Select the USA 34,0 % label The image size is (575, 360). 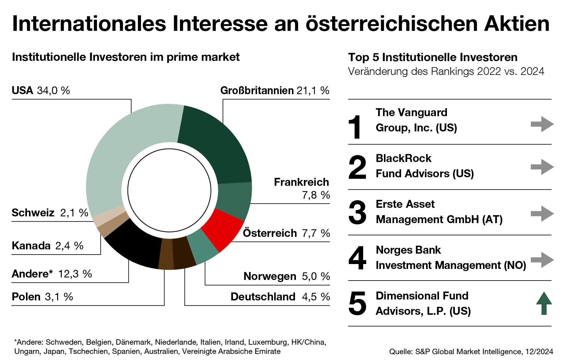pos(41,90)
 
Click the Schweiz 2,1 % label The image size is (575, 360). pos(50,213)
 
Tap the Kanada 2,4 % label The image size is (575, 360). pos(47,246)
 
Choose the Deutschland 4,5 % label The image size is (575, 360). pos(280,297)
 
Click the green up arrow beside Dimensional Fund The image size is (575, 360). pos(544,303)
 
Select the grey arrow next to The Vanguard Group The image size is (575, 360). pos(542,124)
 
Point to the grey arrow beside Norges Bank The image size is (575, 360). pos(542,260)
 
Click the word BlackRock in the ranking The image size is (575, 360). pos(403,158)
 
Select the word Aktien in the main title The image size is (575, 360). pos(516,24)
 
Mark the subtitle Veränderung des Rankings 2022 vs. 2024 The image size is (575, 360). pos(446,72)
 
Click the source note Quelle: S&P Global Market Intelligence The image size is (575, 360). pos(471,352)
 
